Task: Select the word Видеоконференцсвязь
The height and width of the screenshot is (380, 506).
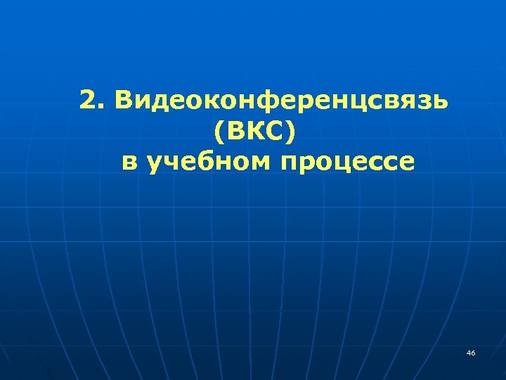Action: tap(282, 101)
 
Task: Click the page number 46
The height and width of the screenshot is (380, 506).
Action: tap(470, 352)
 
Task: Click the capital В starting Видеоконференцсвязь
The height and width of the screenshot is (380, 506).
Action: tap(126, 101)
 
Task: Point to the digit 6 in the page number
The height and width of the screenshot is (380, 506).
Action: tap(473, 352)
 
